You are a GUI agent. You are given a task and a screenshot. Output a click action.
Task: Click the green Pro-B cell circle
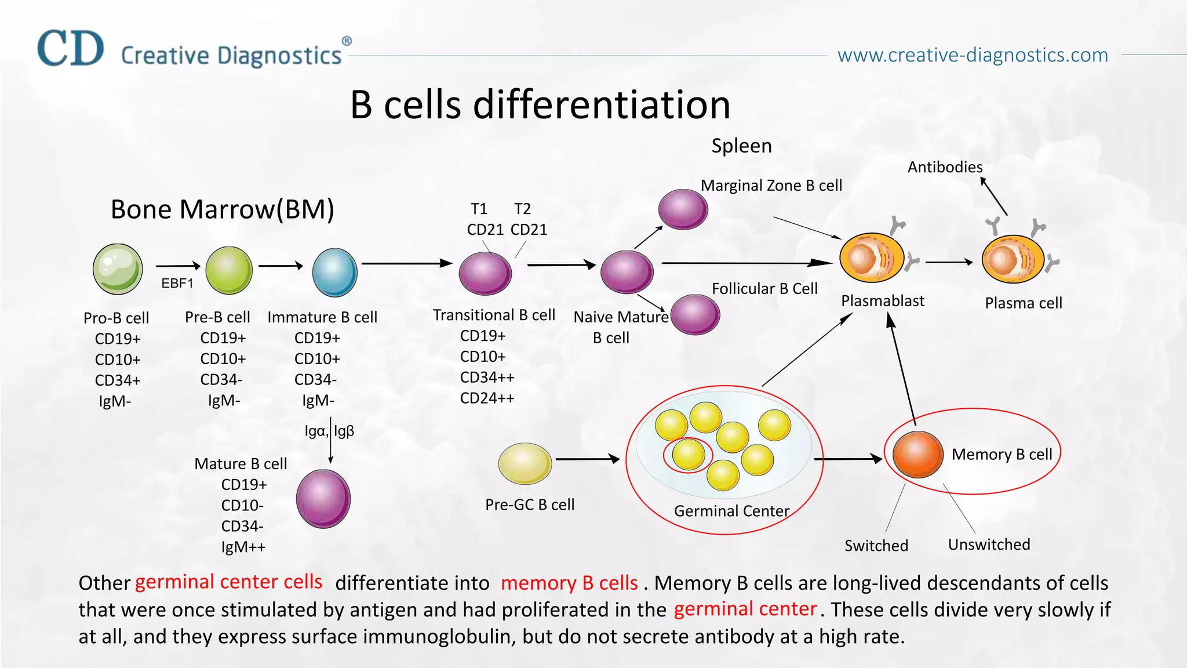pos(118,269)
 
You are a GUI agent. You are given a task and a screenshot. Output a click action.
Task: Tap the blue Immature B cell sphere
pos(334,273)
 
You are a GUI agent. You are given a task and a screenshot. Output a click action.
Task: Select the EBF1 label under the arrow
pos(177,283)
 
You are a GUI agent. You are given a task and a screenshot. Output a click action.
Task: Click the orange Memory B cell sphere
pos(917,455)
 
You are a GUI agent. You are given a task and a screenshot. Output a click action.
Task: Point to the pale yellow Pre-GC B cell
pos(525,463)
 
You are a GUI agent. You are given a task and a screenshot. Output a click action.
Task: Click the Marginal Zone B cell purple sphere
pos(683,209)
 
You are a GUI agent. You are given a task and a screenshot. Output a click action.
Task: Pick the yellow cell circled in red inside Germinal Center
pos(688,455)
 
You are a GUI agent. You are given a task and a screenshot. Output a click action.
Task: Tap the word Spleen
pos(741,146)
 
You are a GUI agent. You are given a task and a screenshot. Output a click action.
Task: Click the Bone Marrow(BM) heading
pos(222,209)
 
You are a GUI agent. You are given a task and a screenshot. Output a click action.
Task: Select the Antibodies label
pos(945,167)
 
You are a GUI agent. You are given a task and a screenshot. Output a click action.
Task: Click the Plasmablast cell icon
pos(872,258)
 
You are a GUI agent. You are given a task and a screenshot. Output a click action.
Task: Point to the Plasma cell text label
pos(1023,303)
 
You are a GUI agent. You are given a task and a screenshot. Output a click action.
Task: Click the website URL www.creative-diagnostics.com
pos(973,55)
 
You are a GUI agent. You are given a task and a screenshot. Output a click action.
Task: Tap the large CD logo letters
pos(71,49)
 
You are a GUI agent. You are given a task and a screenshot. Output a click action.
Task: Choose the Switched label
pos(876,546)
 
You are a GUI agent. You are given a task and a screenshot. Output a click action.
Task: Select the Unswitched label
pos(989,544)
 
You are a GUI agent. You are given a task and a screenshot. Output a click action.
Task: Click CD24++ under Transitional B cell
pos(487,398)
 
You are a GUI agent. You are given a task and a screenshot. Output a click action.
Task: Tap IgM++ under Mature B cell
pos(243,547)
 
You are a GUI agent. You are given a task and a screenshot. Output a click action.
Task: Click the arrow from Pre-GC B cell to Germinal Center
pos(587,459)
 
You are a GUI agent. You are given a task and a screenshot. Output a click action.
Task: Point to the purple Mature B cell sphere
pos(323,499)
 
